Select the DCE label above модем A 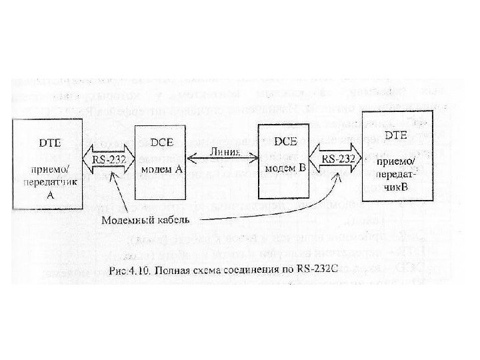[159, 143]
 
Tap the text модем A [161, 169]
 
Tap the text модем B [286, 169]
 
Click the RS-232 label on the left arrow [109, 159]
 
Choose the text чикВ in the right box [397, 188]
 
